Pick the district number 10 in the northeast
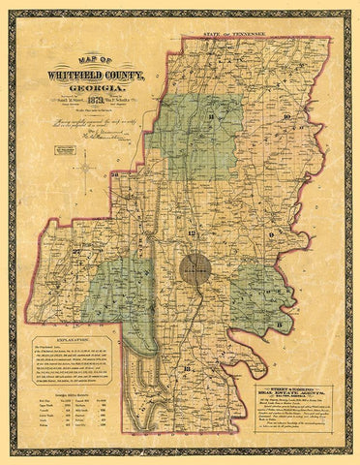point(287,115)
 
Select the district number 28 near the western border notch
point(113,201)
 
